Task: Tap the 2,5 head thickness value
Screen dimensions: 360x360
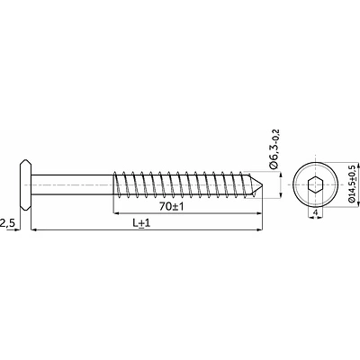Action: click(x=6, y=223)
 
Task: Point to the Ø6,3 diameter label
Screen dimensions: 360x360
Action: click(x=274, y=157)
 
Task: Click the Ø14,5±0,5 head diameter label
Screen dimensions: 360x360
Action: click(x=352, y=184)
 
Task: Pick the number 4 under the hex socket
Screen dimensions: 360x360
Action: click(x=315, y=212)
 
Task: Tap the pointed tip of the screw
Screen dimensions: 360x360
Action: click(x=263, y=184)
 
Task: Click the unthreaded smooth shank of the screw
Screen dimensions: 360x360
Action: click(x=72, y=184)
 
